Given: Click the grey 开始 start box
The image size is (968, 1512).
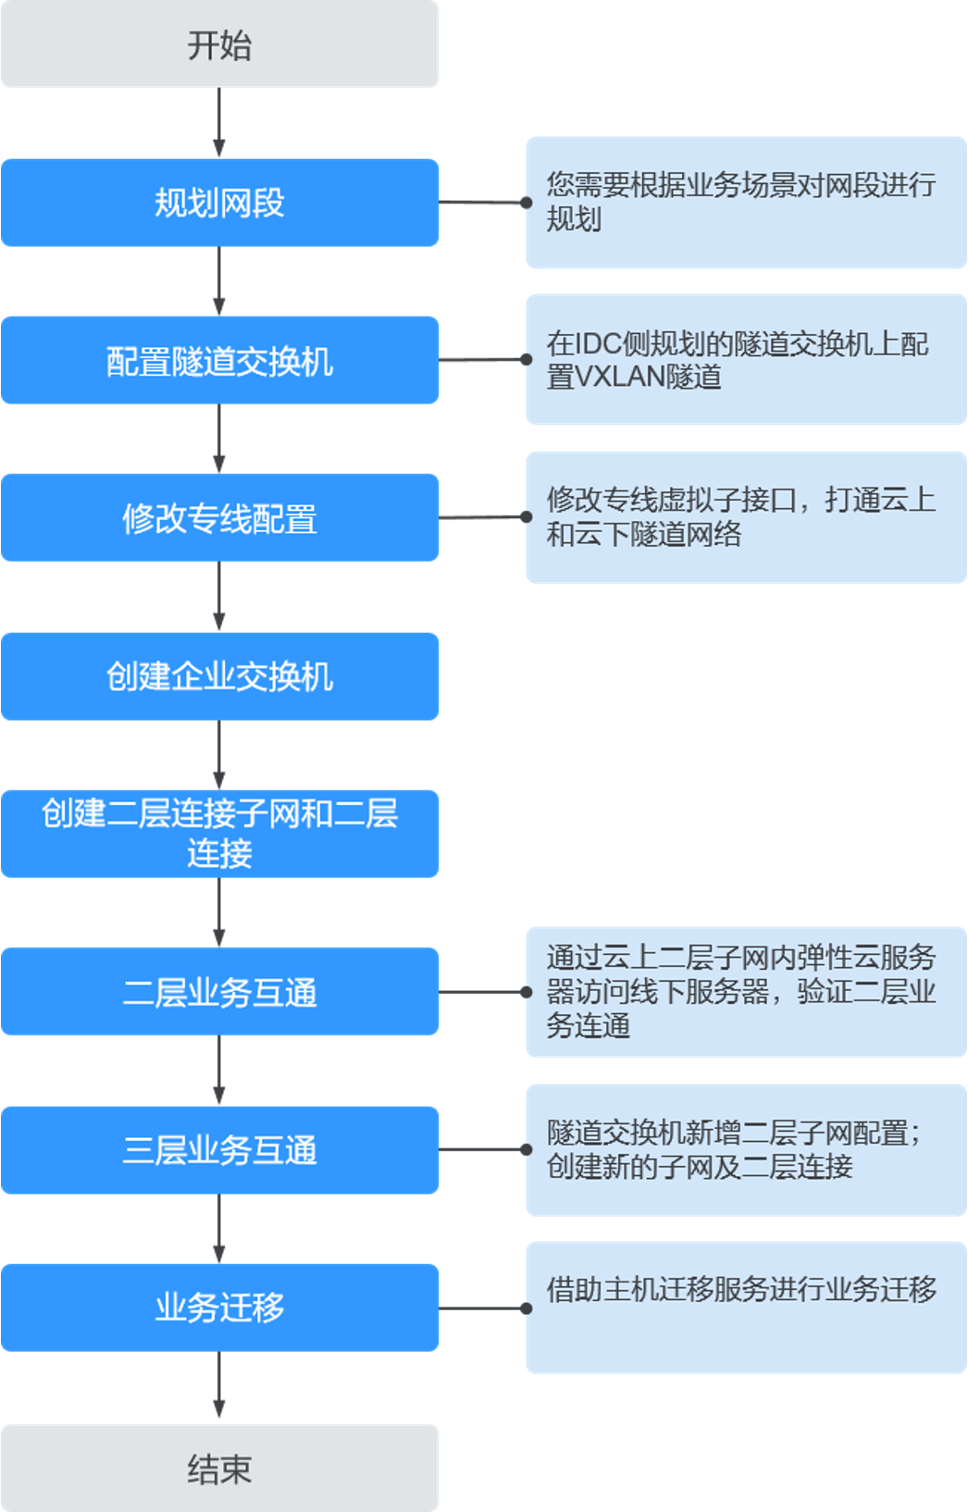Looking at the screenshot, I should (x=219, y=44).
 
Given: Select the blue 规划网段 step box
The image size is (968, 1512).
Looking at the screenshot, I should (x=219, y=203).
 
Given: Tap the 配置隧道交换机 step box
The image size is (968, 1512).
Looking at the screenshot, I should (x=219, y=360).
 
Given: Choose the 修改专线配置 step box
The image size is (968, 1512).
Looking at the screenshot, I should (x=219, y=518).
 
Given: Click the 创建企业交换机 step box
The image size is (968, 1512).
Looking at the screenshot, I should (x=219, y=676).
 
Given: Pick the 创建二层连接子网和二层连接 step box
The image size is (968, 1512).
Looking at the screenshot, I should (x=219, y=833).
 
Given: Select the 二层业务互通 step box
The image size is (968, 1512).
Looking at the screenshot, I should (x=219, y=992).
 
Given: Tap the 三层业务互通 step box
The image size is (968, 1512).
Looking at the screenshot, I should (x=219, y=1150).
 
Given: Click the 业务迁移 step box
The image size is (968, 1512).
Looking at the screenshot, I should (x=219, y=1308).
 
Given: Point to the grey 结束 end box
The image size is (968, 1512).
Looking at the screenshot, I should (x=219, y=1468).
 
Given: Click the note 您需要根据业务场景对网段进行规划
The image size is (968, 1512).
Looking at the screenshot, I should (x=746, y=203).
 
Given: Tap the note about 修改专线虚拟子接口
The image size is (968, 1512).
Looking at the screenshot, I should (x=746, y=517).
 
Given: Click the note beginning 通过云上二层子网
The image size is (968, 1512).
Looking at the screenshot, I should (x=746, y=992).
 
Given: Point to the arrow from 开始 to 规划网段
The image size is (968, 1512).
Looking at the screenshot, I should (x=219, y=123).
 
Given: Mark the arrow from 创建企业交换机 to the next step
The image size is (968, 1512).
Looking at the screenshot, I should (x=219, y=755).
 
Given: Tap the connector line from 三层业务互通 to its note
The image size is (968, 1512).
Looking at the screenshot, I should (x=482, y=1150).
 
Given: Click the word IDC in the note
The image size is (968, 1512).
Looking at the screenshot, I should (x=598, y=344).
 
